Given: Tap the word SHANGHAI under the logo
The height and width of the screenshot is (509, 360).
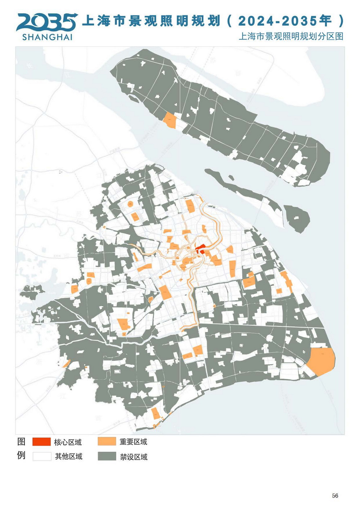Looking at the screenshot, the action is (47, 37).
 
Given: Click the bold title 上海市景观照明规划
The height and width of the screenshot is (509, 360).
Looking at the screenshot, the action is (151, 21).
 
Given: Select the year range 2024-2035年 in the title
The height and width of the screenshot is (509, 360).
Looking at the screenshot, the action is (284, 21).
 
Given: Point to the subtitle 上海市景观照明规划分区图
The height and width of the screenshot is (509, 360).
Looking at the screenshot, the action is (291, 36).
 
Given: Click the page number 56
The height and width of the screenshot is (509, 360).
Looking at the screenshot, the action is (335, 496).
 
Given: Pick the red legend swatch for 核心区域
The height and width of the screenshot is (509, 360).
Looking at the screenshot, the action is (41, 442).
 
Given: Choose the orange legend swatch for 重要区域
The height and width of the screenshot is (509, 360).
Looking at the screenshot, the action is (107, 442).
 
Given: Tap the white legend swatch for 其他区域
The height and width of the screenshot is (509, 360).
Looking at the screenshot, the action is (42, 456).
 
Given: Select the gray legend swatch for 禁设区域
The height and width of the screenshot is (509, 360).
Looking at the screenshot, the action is (107, 456).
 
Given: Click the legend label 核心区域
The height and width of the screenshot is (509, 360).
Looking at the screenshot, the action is (68, 442).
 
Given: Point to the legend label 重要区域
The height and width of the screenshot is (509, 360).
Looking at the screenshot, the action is (133, 442).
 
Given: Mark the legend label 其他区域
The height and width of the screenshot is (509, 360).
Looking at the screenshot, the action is (68, 456).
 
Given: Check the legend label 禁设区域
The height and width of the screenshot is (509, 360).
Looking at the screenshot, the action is (134, 457).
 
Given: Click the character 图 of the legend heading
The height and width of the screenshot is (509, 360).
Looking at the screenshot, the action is (21, 442).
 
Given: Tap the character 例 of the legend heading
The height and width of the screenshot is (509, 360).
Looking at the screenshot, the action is (21, 455).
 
